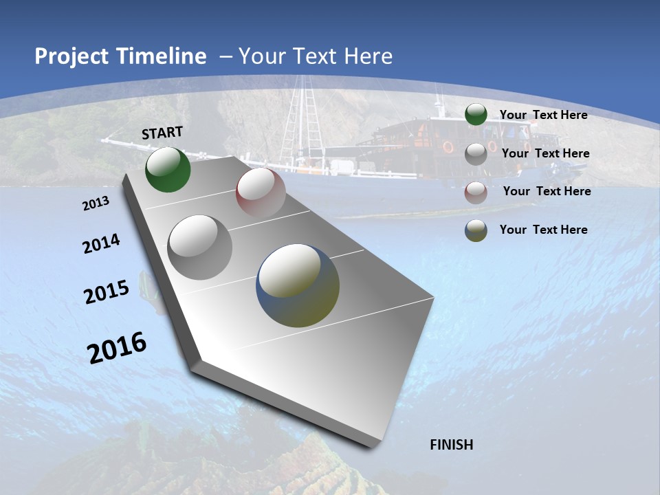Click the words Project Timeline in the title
pyautogui.click(x=120, y=56)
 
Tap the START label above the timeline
pyautogui.click(x=162, y=133)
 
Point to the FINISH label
pyautogui.click(x=452, y=445)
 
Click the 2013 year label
pyautogui.click(x=96, y=203)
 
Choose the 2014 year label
pyautogui.click(x=101, y=243)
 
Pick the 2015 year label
pyautogui.click(x=107, y=292)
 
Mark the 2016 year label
pyautogui.click(x=117, y=347)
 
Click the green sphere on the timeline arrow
pyautogui.click(x=168, y=170)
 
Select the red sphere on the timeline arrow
pyautogui.click(x=261, y=192)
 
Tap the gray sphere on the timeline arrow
pyautogui.click(x=200, y=247)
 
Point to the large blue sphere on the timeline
pyautogui.click(x=298, y=285)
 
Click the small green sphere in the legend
pyautogui.click(x=476, y=115)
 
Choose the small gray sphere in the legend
pyautogui.click(x=476, y=154)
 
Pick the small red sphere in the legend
pyautogui.click(x=476, y=192)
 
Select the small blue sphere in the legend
pyautogui.click(x=476, y=230)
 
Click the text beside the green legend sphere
pyautogui.click(x=543, y=115)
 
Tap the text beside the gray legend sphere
pyautogui.click(x=545, y=153)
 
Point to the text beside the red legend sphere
pyautogui.click(x=547, y=191)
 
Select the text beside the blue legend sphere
pyautogui.click(x=543, y=230)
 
